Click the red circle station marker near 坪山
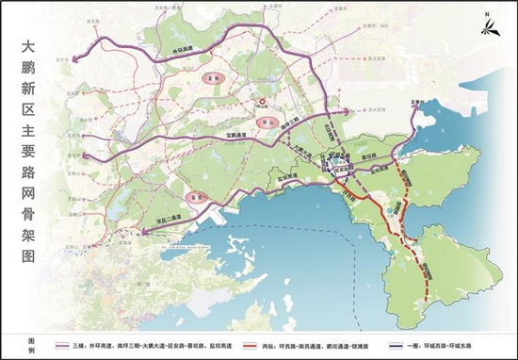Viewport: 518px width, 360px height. tap(263, 103)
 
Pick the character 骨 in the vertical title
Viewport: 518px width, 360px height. tap(34, 230)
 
